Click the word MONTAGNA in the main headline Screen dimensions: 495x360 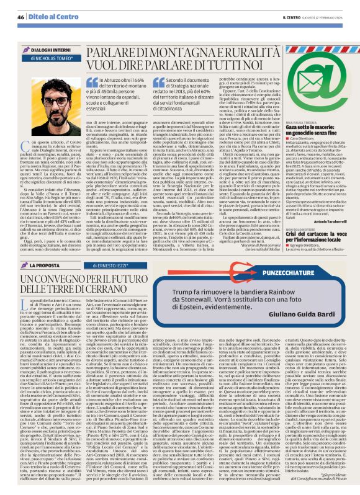168,85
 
